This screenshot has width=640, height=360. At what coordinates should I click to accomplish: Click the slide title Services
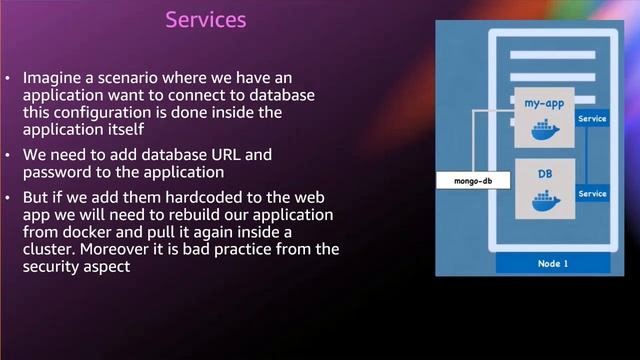click(205, 19)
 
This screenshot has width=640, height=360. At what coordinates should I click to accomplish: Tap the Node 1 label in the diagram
click(553, 264)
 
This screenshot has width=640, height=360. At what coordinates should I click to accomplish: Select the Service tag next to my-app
click(593, 119)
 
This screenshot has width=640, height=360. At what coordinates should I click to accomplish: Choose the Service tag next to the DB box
click(593, 193)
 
